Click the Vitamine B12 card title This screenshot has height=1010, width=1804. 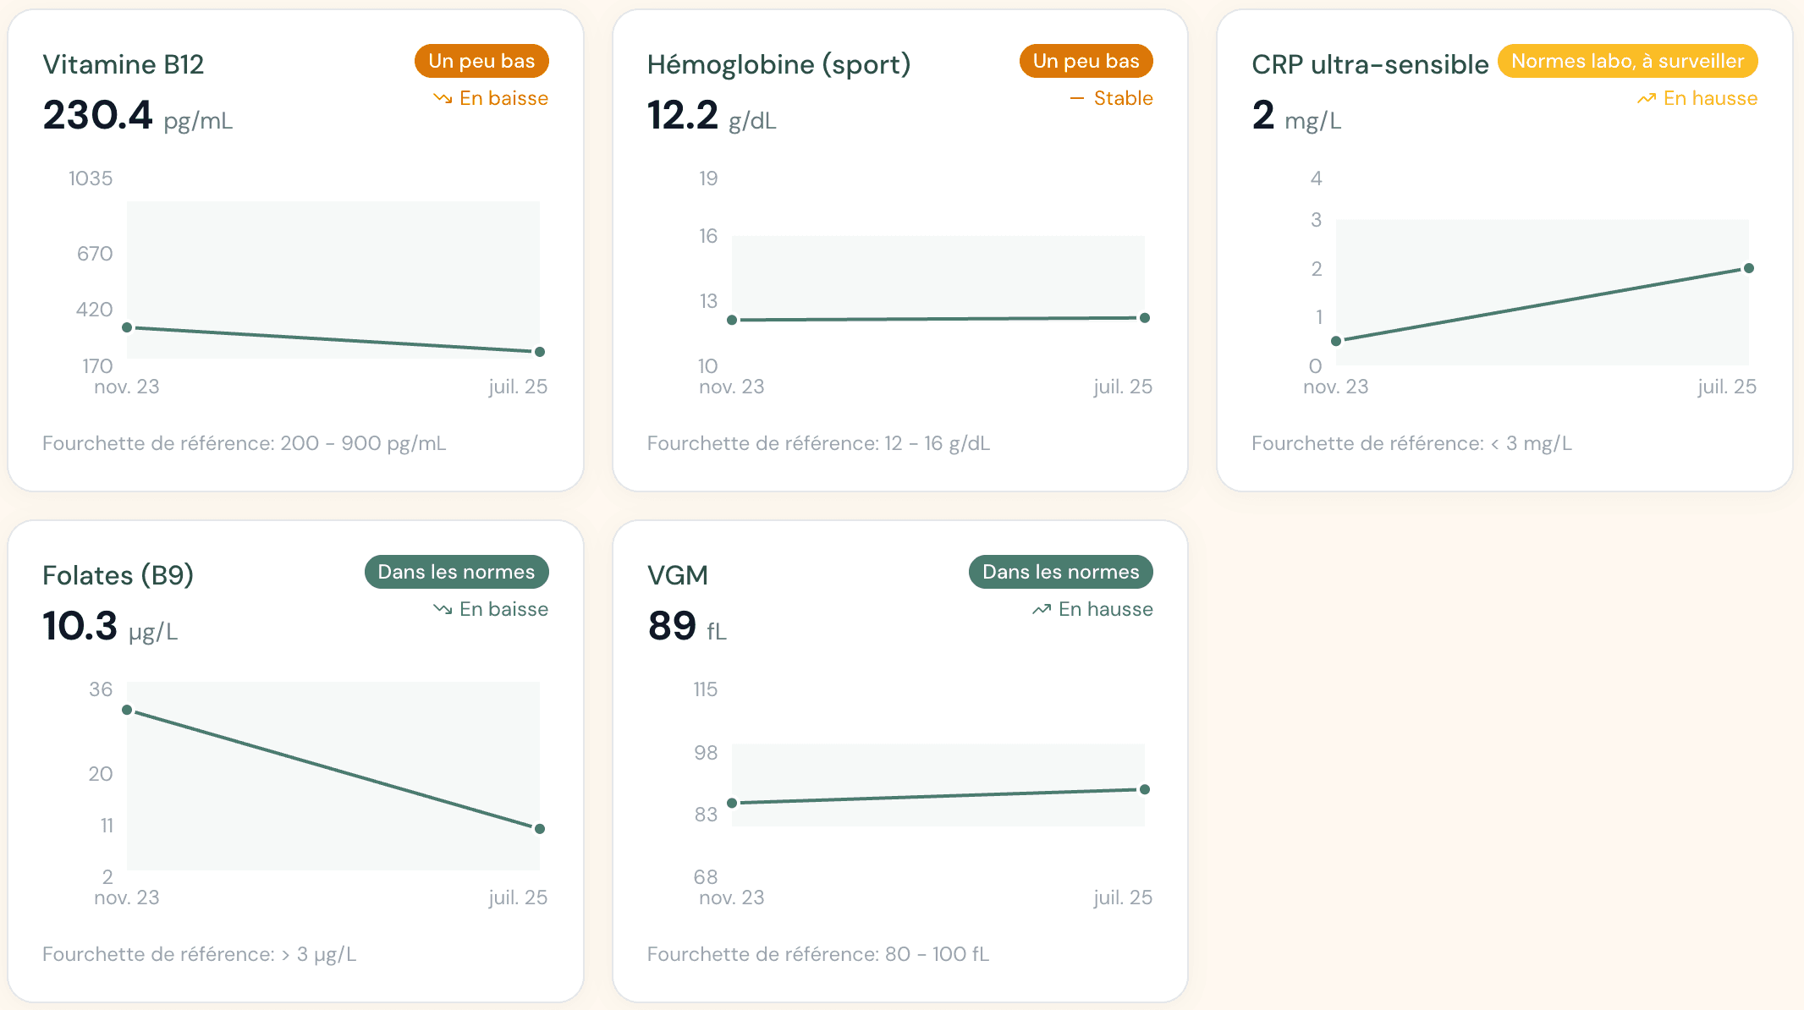pos(124,64)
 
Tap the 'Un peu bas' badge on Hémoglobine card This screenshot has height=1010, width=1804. pos(1086,61)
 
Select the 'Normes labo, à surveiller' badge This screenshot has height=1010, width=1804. pos(1627,61)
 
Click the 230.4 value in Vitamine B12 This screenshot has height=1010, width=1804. pos(97,115)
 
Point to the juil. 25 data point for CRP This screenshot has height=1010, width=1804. pos(1749,268)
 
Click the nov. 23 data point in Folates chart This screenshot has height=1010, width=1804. pos(127,710)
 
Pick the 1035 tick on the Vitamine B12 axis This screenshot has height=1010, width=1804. pos(91,178)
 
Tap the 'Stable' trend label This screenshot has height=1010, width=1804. pos(1123,98)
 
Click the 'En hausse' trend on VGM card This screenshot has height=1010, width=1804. pos(1105,609)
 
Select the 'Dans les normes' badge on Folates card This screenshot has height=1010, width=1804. pos(456,572)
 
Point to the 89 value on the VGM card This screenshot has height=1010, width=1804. pos(672,626)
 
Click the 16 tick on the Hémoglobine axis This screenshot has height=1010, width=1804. pos(708,236)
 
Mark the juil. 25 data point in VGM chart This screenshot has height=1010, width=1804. pos(1145,789)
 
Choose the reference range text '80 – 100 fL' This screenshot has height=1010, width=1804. pos(937,954)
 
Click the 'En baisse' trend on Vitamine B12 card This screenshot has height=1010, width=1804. pos(503,98)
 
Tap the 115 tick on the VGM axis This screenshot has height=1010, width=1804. pos(705,689)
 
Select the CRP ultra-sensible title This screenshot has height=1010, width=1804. pos(1370,64)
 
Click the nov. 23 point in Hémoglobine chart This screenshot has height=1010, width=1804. pos(732,320)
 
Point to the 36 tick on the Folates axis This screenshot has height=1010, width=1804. pos(101,689)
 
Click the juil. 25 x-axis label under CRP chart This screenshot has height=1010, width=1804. pos(1727,387)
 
